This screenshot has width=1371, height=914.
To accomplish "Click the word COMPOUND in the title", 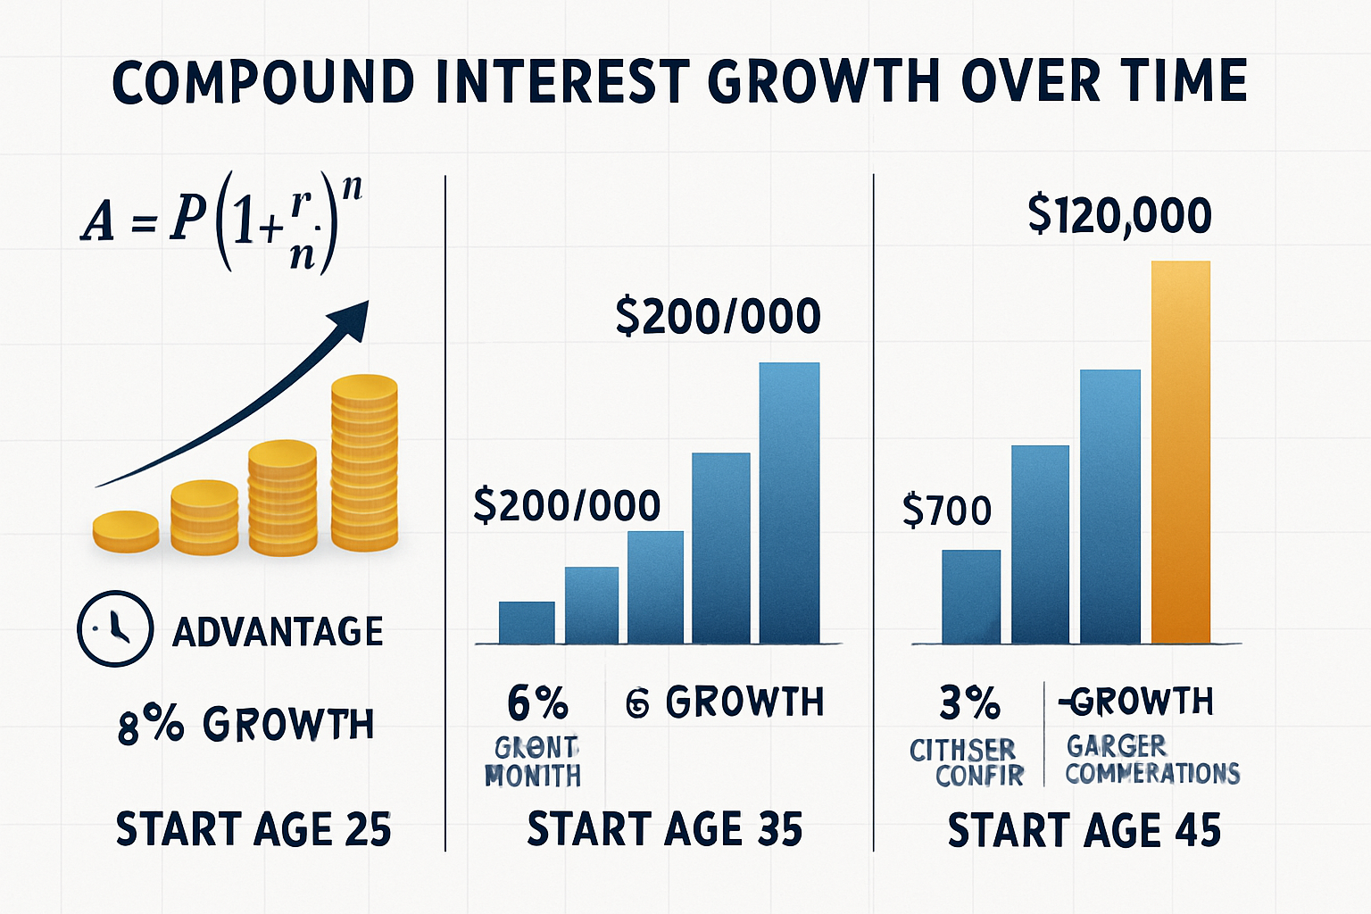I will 263,81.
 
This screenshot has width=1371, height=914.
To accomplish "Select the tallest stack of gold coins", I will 364,462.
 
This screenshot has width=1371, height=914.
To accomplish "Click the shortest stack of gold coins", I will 126,530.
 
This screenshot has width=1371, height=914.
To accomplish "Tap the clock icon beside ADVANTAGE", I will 115,628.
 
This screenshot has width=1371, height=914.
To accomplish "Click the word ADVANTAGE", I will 278,632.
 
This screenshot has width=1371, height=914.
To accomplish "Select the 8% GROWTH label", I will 245,725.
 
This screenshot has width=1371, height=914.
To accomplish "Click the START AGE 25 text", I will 253,829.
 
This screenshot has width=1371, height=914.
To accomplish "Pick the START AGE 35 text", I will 665,829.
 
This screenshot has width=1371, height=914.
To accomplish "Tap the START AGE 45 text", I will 1084,830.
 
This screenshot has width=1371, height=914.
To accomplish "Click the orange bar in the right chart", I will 1181,452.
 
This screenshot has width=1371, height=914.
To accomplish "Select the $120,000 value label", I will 1119,215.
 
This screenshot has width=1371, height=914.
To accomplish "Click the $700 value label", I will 947,511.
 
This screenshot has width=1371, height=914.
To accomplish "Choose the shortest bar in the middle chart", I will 527,622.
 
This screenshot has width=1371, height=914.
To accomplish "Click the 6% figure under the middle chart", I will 537,703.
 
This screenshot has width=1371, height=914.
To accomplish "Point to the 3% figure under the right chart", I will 969,703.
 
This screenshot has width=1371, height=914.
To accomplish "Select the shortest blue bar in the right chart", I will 971,596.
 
